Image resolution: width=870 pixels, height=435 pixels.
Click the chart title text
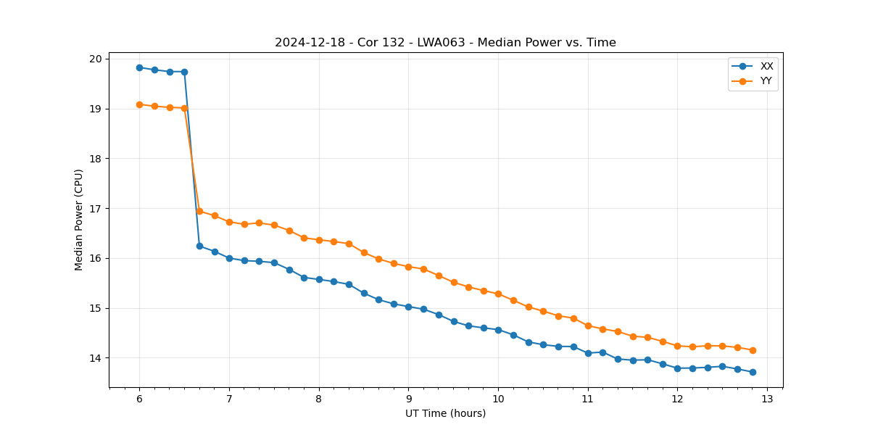[x=445, y=43]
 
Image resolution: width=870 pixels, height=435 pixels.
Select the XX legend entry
[x=766, y=66]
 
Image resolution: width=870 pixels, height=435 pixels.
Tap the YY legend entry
[x=766, y=81]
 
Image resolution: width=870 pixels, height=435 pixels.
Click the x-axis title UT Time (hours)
[x=445, y=413]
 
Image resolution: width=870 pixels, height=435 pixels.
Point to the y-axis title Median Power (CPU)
[x=79, y=220]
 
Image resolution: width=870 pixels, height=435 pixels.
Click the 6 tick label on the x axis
[x=139, y=399]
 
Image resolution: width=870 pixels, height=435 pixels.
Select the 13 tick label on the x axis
[x=767, y=399]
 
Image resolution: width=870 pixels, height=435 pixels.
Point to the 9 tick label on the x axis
[x=408, y=399]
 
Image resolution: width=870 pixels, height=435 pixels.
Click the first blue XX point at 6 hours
[x=139, y=67]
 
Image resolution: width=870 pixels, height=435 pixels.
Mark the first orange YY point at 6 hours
[x=139, y=104]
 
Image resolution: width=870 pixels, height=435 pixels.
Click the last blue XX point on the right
[x=753, y=372]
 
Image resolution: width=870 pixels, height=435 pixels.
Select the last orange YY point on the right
[x=753, y=350]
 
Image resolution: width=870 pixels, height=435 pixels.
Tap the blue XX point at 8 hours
[x=319, y=279]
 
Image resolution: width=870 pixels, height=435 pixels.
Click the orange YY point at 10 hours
[x=498, y=294]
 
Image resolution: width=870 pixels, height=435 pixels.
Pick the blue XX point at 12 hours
[x=677, y=368]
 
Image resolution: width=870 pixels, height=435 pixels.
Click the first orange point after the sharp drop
[x=199, y=211]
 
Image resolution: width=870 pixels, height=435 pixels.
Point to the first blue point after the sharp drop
[x=199, y=246]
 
